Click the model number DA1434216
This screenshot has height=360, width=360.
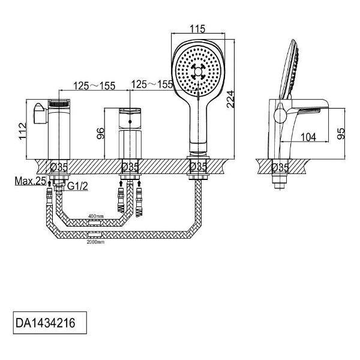pos(45,323)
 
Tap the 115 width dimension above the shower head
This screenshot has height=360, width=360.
pos(197,29)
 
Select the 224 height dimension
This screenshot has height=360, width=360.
pos(230,99)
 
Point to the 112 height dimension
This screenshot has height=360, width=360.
pos(23,131)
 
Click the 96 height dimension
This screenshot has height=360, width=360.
pos(101,133)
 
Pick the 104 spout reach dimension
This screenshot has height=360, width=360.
pos(308,137)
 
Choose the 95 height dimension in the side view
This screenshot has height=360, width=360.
pos(341,133)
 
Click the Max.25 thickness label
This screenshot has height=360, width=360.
pos(31,181)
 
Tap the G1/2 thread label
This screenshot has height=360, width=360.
pos(77,186)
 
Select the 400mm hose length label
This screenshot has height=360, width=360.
pos(96,216)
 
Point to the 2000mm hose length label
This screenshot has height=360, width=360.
pos(95,242)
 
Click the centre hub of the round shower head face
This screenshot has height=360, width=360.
pos(197,72)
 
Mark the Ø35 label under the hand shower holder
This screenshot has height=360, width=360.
pos(199,166)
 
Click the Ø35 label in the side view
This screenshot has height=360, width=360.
pos(280,167)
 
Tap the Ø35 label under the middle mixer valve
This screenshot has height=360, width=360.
pos(130,167)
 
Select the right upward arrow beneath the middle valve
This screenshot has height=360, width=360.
pos(139,184)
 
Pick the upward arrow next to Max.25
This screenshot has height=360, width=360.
pos(49,184)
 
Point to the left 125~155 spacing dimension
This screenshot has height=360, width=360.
pos(94,86)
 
